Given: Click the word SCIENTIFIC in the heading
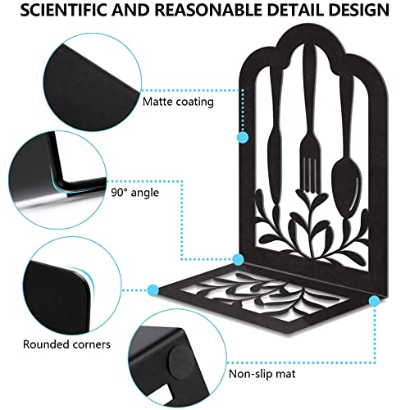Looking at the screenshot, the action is (63, 10).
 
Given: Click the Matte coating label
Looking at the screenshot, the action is (178, 102).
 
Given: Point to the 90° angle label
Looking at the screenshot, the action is (135, 193).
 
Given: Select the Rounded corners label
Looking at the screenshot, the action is (66, 344).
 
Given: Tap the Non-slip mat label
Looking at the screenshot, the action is (262, 374).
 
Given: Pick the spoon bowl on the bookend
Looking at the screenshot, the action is (346, 186).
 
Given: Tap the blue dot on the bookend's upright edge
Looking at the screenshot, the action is (243, 137).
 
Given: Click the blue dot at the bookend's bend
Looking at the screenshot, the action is (238, 259).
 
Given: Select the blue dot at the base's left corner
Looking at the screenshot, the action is (153, 290).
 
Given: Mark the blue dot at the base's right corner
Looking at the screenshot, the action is (374, 301).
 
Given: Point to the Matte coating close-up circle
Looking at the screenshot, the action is (93, 82).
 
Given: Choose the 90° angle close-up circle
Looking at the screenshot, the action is (57, 180).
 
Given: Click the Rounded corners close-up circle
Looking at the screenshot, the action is (72, 285).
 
